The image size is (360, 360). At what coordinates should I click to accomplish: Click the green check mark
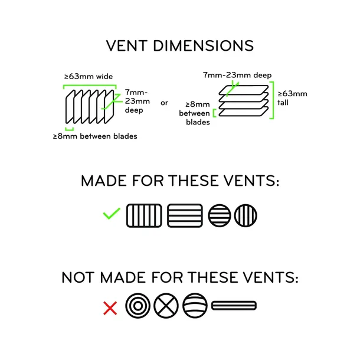(x=111, y=214)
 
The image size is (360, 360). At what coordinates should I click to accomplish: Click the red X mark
(x=110, y=307)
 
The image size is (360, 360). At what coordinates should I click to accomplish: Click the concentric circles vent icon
(x=137, y=306)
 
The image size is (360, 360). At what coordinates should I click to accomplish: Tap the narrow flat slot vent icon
(x=234, y=306)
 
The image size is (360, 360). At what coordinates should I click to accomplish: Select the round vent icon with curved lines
(x=195, y=306)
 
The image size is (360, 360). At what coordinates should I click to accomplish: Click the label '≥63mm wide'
(x=89, y=77)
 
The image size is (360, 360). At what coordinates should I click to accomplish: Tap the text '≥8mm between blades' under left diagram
(x=94, y=136)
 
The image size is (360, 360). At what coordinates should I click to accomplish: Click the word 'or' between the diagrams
(x=164, y=102)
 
